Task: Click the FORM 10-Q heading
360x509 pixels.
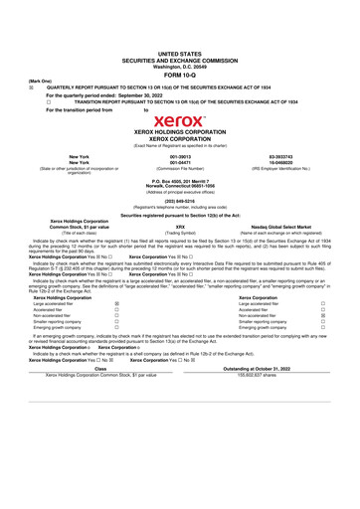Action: tap(179, 74)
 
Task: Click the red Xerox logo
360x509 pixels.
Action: tap(179, 121)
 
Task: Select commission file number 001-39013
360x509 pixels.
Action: tap(180, 156)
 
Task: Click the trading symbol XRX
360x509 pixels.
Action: tap(180, 226)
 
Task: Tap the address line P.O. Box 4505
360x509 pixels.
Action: tap(179, 180)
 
